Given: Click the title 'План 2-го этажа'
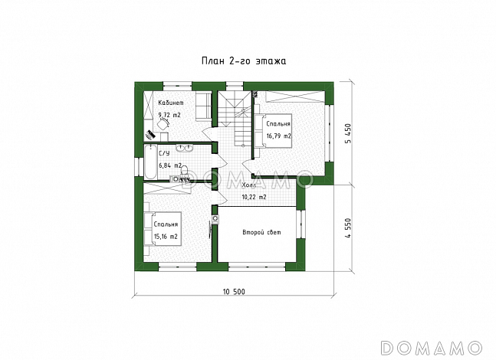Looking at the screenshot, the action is pyautogui.click(x=244, y=61).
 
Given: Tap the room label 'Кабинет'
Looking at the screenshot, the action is pyautogui.click(x=171, y=103).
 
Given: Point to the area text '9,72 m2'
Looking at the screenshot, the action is pyautogui.click(x=169, y=116).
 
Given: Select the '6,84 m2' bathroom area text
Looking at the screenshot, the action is pyautogui.click(x=170, y=165).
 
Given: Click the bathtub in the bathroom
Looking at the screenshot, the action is pyautogui.click(x=150, y=162).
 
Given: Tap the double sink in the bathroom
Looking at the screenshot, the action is pyautogui.click(x=184, y=148).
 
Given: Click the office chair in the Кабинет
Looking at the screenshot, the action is pyautogui.click(x=163, y=124).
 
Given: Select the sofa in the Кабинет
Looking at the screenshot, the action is pyautogui.click(x=203, y=106).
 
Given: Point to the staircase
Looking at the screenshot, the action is pyautogui.click(x=235, y=118).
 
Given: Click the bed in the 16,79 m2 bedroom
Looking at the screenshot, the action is pyautogui.click(x=273, y=130).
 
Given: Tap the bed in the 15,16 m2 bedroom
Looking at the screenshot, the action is pyautogui.click(x=163, y=228).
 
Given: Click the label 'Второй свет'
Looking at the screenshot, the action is pyautogui.click(x=261, y=232).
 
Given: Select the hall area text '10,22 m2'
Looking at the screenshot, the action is pyautogui.click(x=254, y=197).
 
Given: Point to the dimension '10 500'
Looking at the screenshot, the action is pyautogui.click(x=234, y=292).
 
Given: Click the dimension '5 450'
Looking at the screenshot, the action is pyautogui.click(x=348, y=133).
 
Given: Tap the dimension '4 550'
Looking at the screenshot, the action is pyautogui.click(x=348, y=228).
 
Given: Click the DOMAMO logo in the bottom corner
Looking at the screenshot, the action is pyautogui.click(x=431, y=348).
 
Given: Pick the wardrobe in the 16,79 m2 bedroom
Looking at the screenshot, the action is pyautogui.click(x=294, y=97).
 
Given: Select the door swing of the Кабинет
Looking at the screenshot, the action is pyautogui.click(x=209, y=133).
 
